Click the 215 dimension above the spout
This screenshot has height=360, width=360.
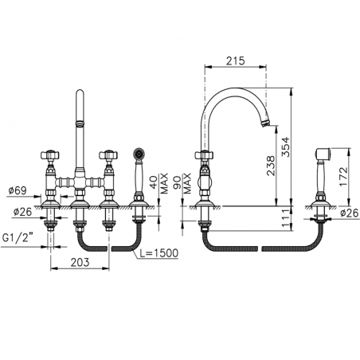pyautogui.click(x=233, y=61)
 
